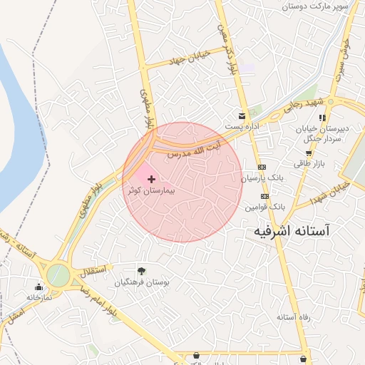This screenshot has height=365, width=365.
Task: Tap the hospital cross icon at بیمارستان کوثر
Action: click(x=150, y=178)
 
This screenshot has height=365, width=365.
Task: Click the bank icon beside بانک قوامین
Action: click(x=264, y=195)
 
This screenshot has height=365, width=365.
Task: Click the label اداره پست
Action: click(x=242, y=126)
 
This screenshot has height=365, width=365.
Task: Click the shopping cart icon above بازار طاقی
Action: click(x=309, y=153)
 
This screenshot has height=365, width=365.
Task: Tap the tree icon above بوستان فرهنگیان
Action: click(x=141, y=270)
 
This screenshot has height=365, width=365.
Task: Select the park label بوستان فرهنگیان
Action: click(x=142, y=282)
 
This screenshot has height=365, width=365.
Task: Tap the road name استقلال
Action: click(x=94, y=270)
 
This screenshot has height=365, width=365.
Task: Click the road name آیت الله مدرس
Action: click(x=194, y=149)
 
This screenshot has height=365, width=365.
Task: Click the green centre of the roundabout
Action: click(x=58, y=276)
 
